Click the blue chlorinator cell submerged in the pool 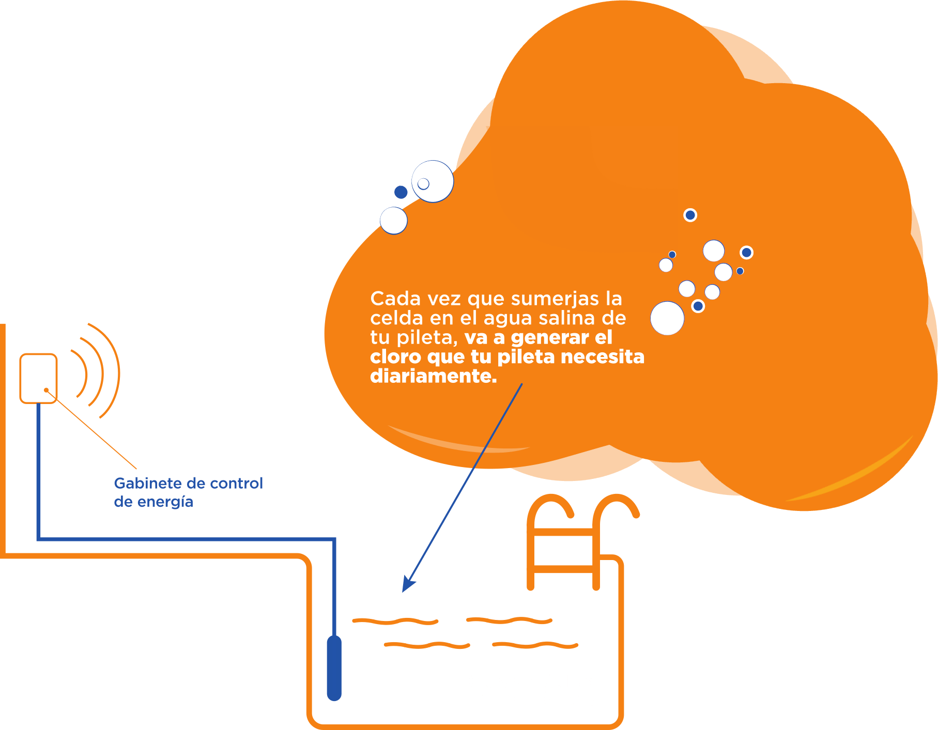coord(334,668)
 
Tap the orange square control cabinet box coord(38,378)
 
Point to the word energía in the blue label coord(165,502)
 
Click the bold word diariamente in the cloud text coord(433,376)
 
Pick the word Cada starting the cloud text coord(390,299)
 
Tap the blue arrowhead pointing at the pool coord(408,584)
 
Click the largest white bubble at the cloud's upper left coord(433,181)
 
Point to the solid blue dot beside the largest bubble coord(401,193)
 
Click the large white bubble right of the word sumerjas coord(667,318)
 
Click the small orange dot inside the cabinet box coord(46,390)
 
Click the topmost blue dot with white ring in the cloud coord(690,215)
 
